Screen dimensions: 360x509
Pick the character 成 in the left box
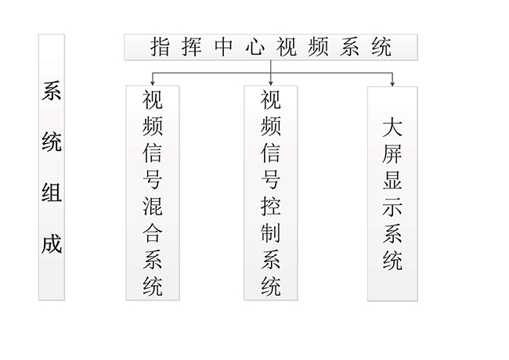[x=52, y=243]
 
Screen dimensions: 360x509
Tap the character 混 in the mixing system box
[x=153, y=207]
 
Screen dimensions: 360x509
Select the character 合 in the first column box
[x=153, y=233]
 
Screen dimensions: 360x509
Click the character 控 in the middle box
[x=270, y=206]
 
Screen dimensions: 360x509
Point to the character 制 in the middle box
[x=270, y=232]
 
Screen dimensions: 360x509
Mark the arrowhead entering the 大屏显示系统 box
[x=392, y=83]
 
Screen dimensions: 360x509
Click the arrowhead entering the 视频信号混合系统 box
[x=153, y=83]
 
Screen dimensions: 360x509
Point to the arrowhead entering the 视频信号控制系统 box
[x=270, y=83]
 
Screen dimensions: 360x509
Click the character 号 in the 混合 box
[x=153, y=180]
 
